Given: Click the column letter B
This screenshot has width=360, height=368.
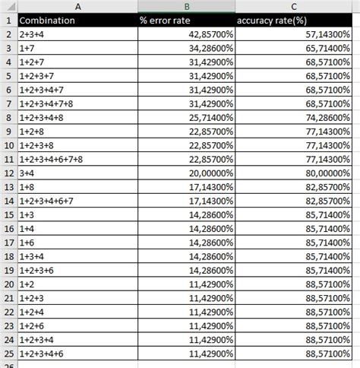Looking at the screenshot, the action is click(187, 7).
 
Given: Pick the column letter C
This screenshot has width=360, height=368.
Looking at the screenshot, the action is click(297, 7).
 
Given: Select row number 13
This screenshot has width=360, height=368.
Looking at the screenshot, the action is click(8, 186).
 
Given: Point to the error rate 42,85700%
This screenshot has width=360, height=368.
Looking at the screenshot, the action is click(206, 35).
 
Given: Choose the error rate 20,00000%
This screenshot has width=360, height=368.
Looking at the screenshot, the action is click(206, 173).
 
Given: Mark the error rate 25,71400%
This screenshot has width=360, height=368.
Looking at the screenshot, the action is click(206, 118).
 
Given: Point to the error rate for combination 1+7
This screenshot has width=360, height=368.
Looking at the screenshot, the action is click(206, 49).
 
